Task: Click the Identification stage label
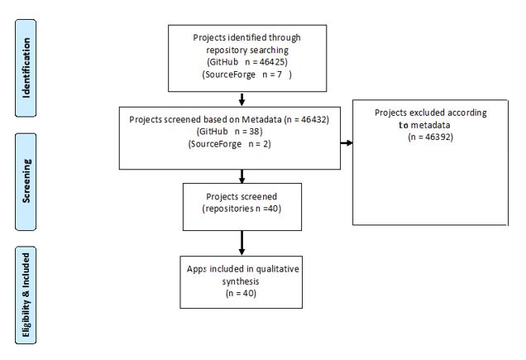click(26, 68)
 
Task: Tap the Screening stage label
click(26, 182)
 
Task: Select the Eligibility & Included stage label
click(26, 295)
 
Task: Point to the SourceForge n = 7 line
click(247, 74)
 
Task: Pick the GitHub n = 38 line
click(229, 132)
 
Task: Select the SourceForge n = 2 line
click(229, 144)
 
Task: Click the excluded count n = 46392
click(430, 137)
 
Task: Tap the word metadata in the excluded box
click(430, 125)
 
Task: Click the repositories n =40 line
click(241, 209)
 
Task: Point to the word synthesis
click(241, 281)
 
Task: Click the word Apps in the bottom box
click(196, 269)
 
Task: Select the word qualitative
click(277, 269)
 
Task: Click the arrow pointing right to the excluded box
click(347, 143)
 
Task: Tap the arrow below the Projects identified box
click(241, 99)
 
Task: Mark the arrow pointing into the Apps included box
click(241, 243)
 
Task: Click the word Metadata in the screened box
click(261, 119)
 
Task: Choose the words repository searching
click(247, 50)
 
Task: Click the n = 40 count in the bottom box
click(241, 294)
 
